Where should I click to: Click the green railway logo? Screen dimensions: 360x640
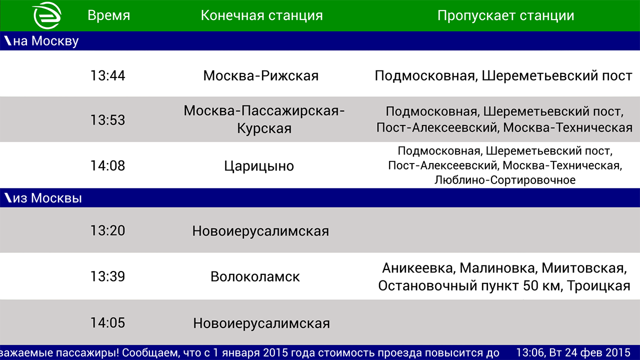(x=47, y=15)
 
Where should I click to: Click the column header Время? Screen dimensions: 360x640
(x=108, y=15)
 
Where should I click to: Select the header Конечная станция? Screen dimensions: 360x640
(x=261, y=15)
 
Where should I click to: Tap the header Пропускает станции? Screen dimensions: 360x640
(x=505, y=15)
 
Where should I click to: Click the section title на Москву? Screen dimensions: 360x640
(x=45, y=41)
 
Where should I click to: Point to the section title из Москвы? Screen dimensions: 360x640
(x=47, y=198)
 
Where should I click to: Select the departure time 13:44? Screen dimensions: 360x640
(x=107, y=76)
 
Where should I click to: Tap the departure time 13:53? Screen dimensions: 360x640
(x=107, y=120)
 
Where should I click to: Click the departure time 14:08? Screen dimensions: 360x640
(x=107, y=165)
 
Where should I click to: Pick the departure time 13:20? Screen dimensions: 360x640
(x=107, y=230)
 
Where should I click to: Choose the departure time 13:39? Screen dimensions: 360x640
(x=107, y=276)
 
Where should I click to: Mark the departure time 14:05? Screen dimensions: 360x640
(x=107, y=323)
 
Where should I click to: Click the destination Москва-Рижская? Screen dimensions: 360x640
(x=260, y=76)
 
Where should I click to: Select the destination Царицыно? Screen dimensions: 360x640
(x=259, y=166)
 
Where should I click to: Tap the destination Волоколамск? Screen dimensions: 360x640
(x=255, y=276)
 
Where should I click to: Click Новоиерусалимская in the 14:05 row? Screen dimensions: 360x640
(x=261, y=323)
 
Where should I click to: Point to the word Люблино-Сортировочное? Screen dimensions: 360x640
(x=505, y=180)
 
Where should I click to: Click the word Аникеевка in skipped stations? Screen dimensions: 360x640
(x=417, y=268)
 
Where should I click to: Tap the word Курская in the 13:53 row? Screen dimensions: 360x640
(x=264, y=128)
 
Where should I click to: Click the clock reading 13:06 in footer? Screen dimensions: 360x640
(x=530, y=352)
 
